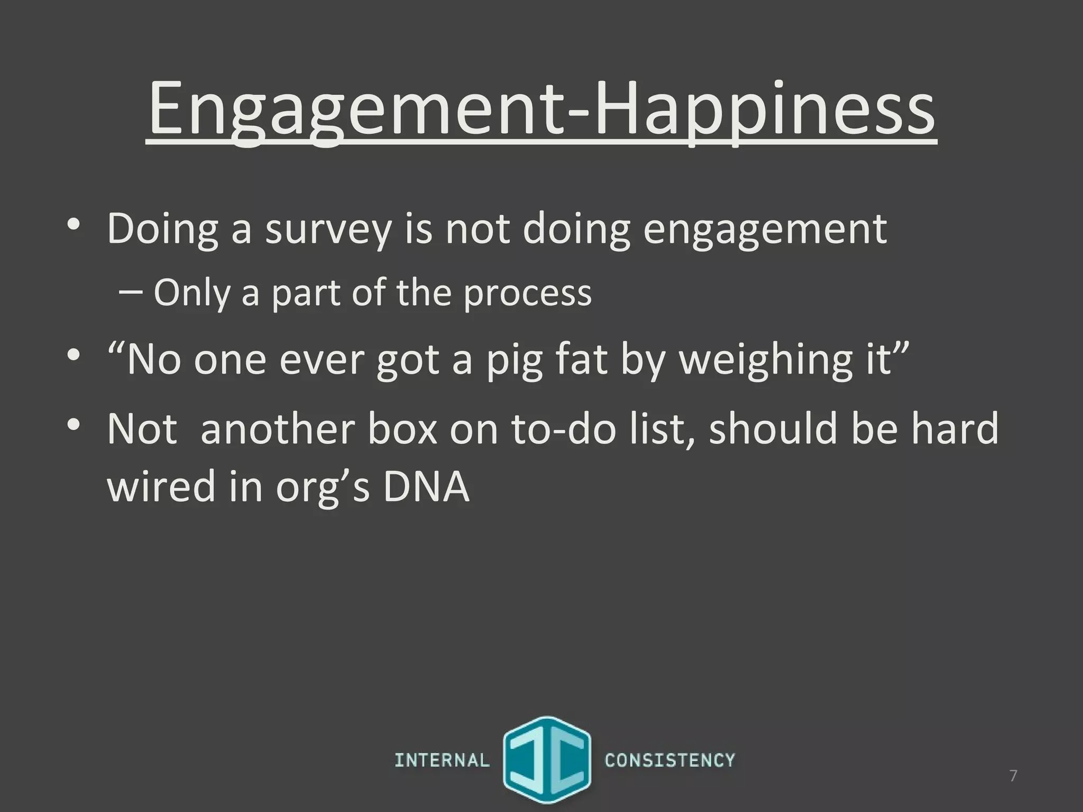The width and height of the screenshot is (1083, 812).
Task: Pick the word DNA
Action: click(426, 486)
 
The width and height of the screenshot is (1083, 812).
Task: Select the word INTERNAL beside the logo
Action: click(442, 760)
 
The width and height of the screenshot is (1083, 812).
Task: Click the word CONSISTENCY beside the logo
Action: click(669, 760)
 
